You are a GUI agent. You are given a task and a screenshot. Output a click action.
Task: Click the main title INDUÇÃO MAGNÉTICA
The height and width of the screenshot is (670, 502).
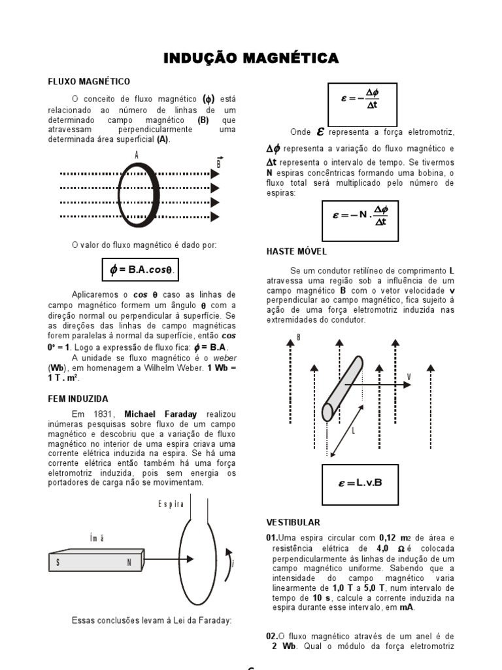click(251, 59)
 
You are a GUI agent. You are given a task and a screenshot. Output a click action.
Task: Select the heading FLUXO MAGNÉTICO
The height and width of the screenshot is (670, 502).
click(89, 81)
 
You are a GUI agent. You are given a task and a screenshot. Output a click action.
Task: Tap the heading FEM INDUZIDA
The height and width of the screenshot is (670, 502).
click(78, 398)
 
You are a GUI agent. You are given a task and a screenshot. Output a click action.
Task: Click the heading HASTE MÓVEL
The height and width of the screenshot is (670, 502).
click(297, 251)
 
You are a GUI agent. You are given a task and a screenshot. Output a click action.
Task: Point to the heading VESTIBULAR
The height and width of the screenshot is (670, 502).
click(293, 522)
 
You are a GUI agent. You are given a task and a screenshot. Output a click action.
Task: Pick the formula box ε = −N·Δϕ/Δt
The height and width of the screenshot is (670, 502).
click(360, 221)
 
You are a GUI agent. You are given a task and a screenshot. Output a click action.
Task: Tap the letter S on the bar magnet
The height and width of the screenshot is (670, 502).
click(59, 562)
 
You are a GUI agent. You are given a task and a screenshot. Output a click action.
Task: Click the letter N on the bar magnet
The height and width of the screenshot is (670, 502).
click(129, 562)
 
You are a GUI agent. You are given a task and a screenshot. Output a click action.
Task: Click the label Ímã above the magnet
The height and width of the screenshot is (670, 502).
click(96, 538)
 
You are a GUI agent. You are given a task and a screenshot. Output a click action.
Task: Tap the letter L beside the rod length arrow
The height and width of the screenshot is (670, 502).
click(354, 431)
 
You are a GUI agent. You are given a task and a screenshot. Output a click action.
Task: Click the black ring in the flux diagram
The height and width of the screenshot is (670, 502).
click(138, 194)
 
